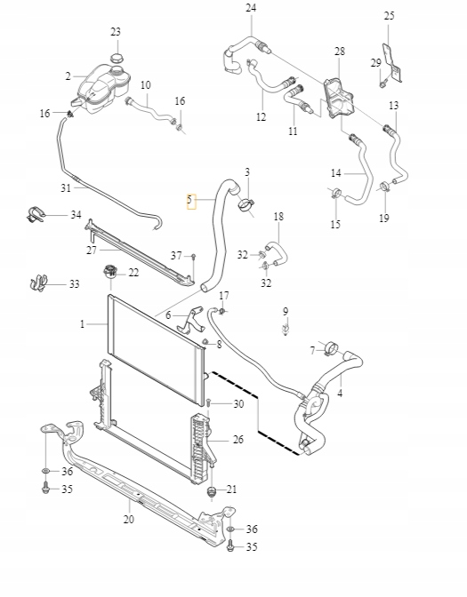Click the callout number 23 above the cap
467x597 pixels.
click(116, 33)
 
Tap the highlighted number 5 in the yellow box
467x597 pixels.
click(189, 201)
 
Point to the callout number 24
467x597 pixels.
click(250, 9)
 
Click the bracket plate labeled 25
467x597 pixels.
click(391, 60)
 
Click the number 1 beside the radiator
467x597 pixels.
click(82, 325)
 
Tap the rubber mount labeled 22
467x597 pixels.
click(111, 272)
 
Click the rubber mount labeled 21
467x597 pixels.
click(212, 491)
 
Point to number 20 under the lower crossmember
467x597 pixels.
click(128, 520)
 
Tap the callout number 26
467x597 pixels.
click(238, 440)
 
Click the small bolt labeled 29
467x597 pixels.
click(382, 84)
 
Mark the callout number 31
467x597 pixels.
click(65, 187)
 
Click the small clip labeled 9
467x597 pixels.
click(286, 330)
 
